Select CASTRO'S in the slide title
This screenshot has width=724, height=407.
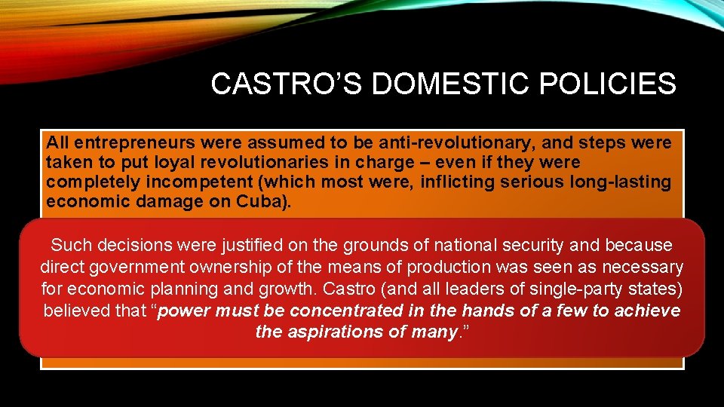pyautogui.click(x=287, y=84)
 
